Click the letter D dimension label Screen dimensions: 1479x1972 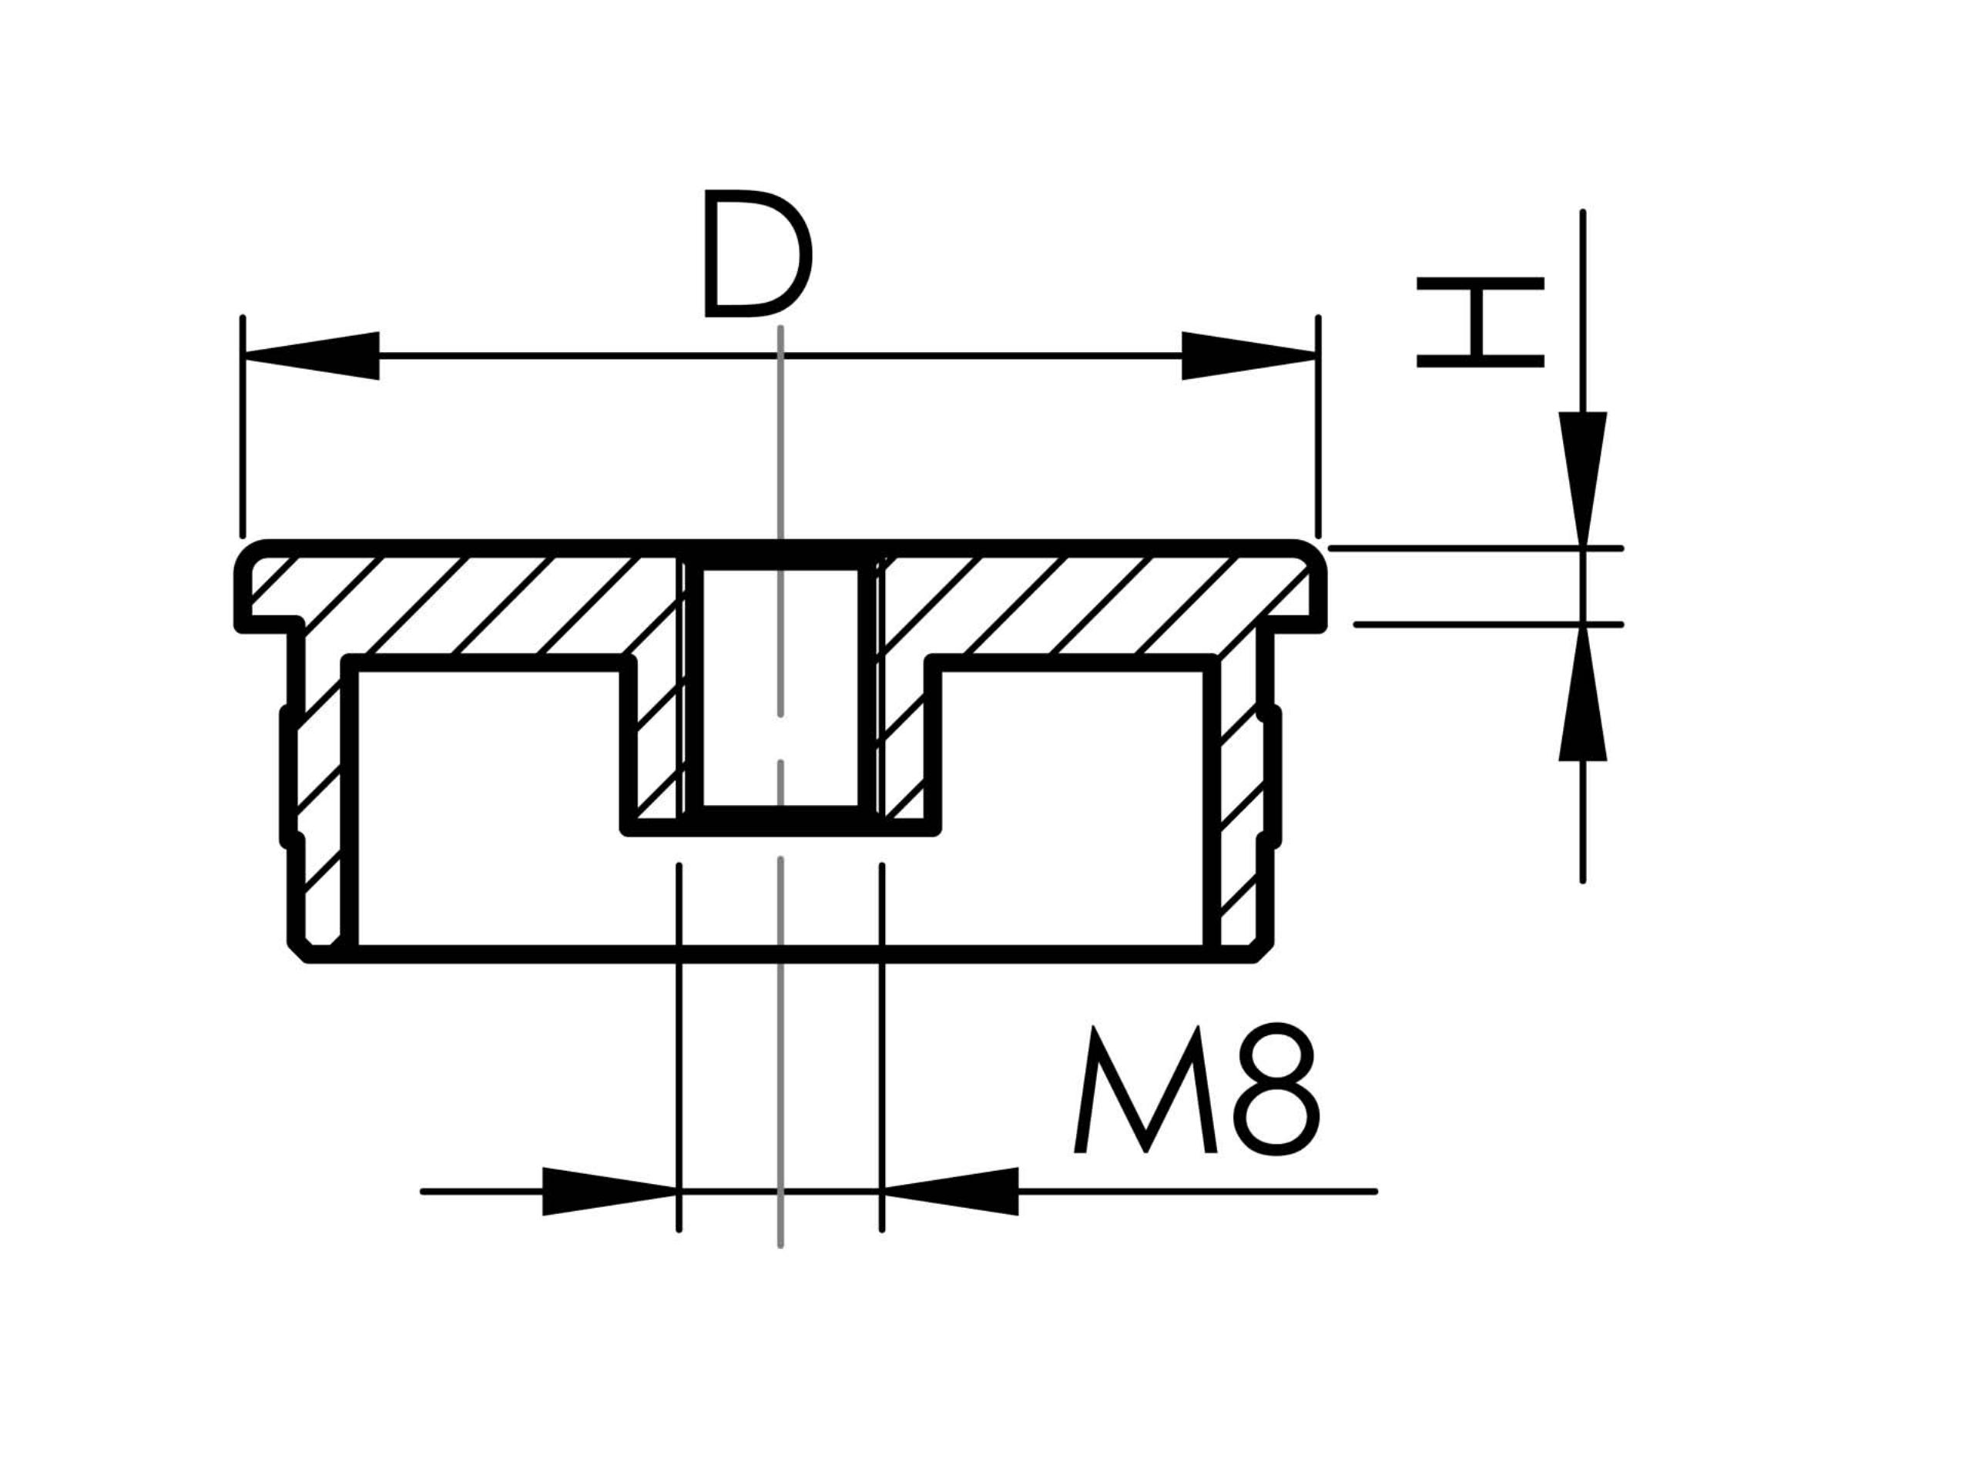point(757,253)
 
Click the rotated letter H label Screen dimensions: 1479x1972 point(1480,322)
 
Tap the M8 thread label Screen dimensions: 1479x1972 point(1196,1089)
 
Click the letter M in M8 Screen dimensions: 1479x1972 point(1145,1089)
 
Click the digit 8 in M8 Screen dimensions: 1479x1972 point(1276,1088)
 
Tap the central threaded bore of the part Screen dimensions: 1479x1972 point(780,686)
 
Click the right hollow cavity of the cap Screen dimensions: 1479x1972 point(1070,807)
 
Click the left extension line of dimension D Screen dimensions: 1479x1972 point(243,428)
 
